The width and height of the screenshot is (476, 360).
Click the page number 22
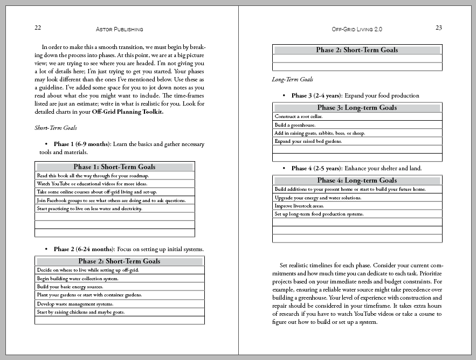38,28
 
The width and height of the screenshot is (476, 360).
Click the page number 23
438,28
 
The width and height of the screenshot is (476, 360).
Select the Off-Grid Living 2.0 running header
357,29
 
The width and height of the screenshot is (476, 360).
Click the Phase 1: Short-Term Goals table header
114,167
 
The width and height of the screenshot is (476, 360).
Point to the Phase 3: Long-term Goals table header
357,108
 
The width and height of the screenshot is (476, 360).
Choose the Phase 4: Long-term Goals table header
357,181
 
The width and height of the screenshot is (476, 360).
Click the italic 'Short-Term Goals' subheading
56,128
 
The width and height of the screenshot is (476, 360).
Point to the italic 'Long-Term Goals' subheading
293,80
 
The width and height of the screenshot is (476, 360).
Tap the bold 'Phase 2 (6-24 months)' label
84,250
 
